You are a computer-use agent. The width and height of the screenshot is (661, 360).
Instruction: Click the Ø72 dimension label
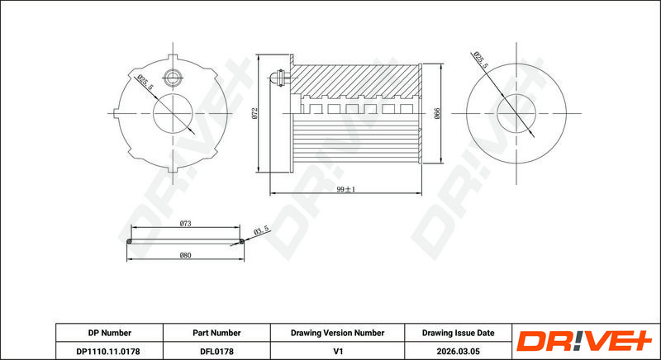click(x=254, y=113)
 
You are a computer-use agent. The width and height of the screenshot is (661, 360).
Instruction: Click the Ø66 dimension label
click(x=437, y=113)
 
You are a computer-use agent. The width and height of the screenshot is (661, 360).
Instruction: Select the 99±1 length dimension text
click(x=346, y=189)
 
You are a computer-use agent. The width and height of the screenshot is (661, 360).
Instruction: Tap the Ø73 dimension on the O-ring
click(x=185, y=224)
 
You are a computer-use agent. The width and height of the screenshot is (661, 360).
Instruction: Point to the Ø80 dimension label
click(x=185, y=255)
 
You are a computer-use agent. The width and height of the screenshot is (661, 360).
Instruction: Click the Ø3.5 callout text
click(x=261, y=230)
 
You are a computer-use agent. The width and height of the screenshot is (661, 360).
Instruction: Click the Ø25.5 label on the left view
click(x=143, y=80)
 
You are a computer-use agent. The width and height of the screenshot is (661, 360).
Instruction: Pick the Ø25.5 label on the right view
click(x=481, y=59)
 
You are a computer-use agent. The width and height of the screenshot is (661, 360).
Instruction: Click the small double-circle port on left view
click(x=172, y=77)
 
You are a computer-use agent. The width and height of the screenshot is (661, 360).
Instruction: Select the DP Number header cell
click(x=110, y=333)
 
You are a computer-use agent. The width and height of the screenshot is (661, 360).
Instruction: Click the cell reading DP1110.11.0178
click(x=109, y=351)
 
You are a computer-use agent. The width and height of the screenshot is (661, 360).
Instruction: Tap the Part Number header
click(x=216, y=333)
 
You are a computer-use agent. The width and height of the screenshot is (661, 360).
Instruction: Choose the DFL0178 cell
click(x=216, y=351)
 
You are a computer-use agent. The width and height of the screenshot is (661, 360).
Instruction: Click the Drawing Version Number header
click(x=337, y=333)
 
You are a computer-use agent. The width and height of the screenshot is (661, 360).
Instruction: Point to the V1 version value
click(x=337, y=351)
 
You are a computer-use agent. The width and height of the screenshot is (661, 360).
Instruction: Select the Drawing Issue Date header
click(x=459, y=333)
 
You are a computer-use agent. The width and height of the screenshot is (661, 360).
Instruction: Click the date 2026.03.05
click(x=459, y=351)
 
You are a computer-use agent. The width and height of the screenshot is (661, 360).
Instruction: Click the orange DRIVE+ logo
click(x=584, y=341)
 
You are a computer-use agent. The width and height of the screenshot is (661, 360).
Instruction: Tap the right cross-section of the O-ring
click(x=241, y=241)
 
